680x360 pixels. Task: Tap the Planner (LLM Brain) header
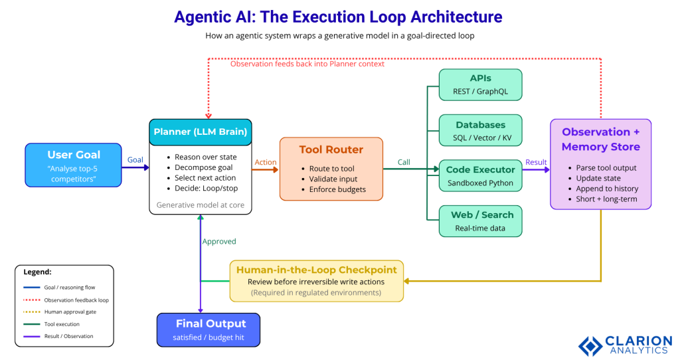click(x=200, y=132)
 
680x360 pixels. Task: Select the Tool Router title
click(x=331, y=149)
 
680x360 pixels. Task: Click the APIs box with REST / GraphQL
click(x=480, y=84)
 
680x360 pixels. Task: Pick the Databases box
click(x=480, y=131)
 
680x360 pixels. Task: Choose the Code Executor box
click(x=480, y=176)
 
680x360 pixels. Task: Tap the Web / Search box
click(x=480, y=221)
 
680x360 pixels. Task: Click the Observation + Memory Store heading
click(x=600, y=139)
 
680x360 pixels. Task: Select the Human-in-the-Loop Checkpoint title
click(x=316, y=270)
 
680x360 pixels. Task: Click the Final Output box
click(x=208, y=329)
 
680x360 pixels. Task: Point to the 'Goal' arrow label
click(x=135, y=160)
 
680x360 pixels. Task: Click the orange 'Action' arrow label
click(x=265, y=162)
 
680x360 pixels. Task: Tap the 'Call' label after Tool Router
click(x=404, y=162)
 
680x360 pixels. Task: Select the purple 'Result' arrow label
click(x=536, y=162)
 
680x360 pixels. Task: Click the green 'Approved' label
click(x=219, y=242)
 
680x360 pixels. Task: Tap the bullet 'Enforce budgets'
click(x=337, y=189)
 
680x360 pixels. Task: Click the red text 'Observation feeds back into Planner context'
click(x=307, y=64)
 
